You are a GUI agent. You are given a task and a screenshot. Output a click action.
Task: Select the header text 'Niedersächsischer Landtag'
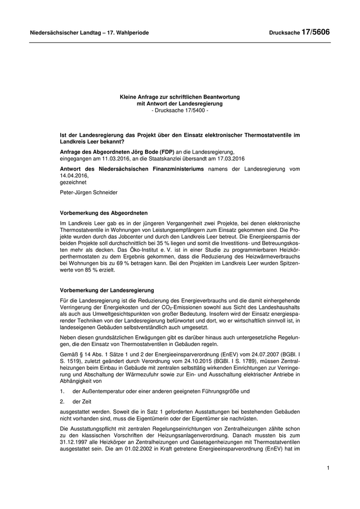pos(63,33)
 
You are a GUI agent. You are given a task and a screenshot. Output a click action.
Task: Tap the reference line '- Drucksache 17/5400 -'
pos(180,111)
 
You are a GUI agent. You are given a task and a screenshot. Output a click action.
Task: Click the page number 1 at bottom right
pos(328,468)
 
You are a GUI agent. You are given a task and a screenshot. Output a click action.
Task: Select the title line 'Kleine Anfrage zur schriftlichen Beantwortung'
pos(180,97)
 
